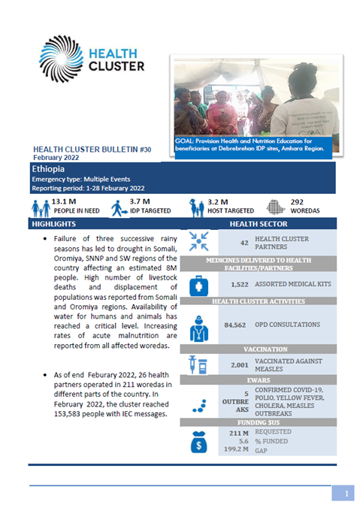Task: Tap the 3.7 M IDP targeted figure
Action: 140,202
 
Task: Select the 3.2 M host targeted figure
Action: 219,202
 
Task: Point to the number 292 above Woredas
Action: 297,202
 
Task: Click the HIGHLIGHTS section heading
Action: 53,225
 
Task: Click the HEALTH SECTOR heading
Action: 258,225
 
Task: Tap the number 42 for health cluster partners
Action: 244,243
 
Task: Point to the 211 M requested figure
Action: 237,434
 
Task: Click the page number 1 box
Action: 343,493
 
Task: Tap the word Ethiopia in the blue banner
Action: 47,170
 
